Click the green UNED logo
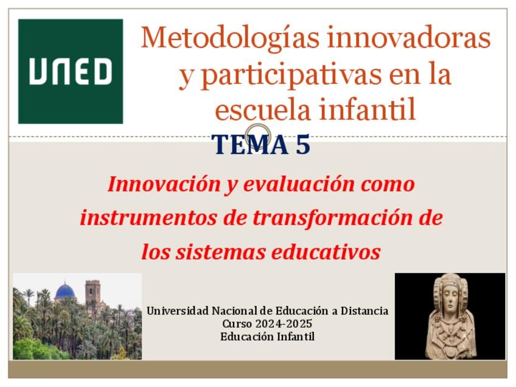point(71,71)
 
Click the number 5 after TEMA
point(303,144)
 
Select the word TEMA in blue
point(250,144)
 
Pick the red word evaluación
point(299,184)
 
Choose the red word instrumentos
point(148,218)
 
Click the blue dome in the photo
point(65,292)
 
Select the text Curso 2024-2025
point(267,324)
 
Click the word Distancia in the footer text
point(364,311)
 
